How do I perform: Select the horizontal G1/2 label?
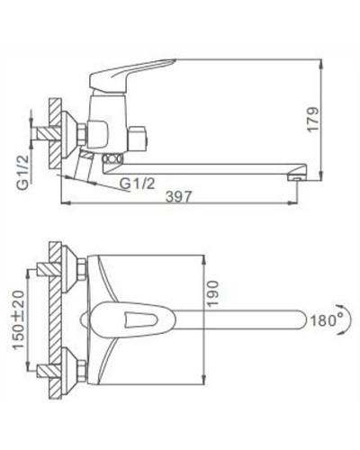136,184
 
